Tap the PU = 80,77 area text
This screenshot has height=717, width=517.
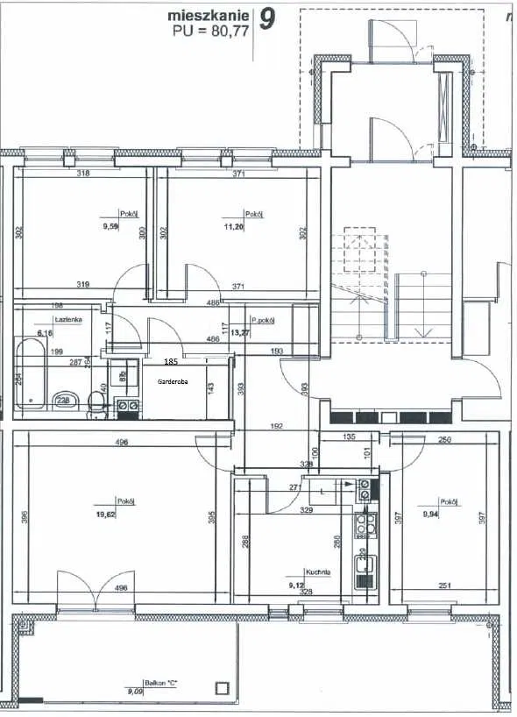point(211,29)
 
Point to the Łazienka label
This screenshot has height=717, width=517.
point(68,320)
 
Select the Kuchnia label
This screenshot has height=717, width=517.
point(318,571)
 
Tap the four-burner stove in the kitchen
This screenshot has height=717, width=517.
point(363,525)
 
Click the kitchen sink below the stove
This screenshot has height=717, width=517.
point(362,567)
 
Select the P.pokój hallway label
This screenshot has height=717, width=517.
point(263,320)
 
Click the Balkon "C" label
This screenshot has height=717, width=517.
point(162,681)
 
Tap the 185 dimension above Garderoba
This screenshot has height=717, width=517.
point(172,360)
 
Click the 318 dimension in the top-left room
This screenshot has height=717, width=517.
point(83,174)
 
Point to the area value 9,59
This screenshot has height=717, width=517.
point(110,227)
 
